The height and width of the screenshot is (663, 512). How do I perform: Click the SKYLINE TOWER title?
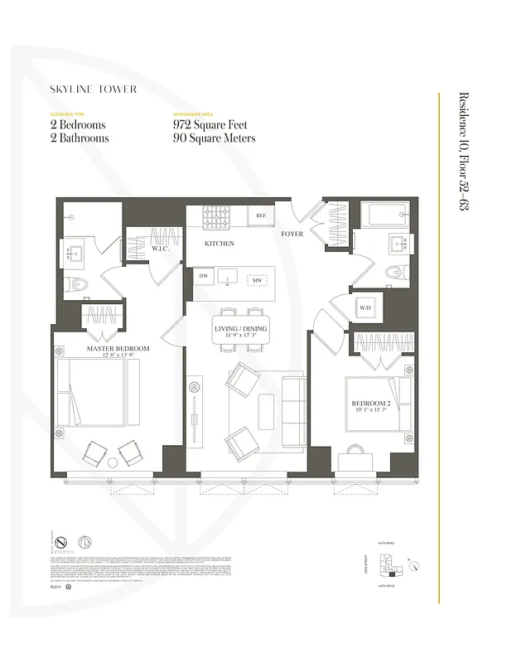[x=93, y=89]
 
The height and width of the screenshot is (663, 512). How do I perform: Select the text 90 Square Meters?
[x=214, y=138]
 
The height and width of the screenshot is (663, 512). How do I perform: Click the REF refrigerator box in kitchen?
[x=260, y=215]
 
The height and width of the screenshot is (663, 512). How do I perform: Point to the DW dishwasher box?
[x=203, y=276]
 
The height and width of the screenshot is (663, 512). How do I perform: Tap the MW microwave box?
[x=257, y=280]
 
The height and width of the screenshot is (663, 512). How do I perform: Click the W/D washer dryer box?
[x=365, y=308]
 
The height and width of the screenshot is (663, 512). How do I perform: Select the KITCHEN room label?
[x=220, y=244]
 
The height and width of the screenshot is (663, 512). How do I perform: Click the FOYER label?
[x=292, y=235]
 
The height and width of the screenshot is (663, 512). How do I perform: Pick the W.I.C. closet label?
[x=160, y=248]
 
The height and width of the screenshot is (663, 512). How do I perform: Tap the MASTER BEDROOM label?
[x=118, y=349]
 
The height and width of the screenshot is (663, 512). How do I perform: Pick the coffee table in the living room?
[x=266, y=410]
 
